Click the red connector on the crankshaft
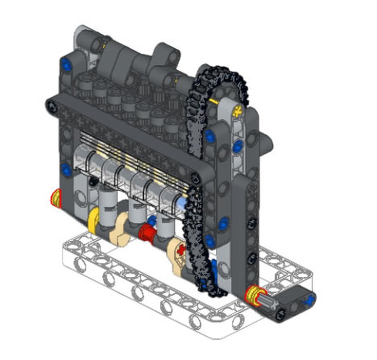pyautogui.click(x=146, y=233)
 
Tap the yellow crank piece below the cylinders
pyautogui.click(x=94, y=220)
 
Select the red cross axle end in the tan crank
pyautogui.click(x=182, y=249)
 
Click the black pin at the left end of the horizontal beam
pyautogui.click(x=53, y=106)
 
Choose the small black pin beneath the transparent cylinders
pyautogui.click(x=92, y=181)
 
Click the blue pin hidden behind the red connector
pyautogui.click(x=153, y=220)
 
